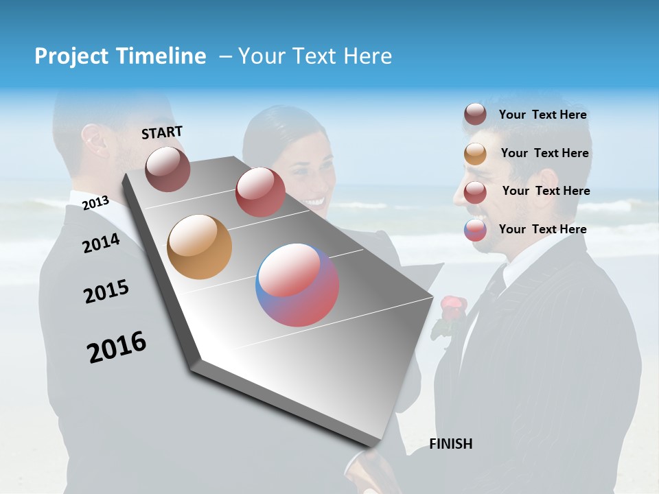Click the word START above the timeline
(162, 132)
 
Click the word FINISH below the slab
(450, 444)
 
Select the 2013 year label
(95, 202)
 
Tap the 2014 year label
(101, 243)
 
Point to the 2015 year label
(106, 291)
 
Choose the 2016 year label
(117, 346)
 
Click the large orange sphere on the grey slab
(200, 247)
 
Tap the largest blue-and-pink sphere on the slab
(297, 285)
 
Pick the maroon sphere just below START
(167, 169)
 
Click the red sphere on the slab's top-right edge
(260, 191)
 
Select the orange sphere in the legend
(475, 154)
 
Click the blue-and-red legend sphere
(475, 230)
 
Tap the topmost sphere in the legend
(475, 115)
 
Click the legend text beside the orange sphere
(544, 153)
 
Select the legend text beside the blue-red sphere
(542, 229)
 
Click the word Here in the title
(367, 56)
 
